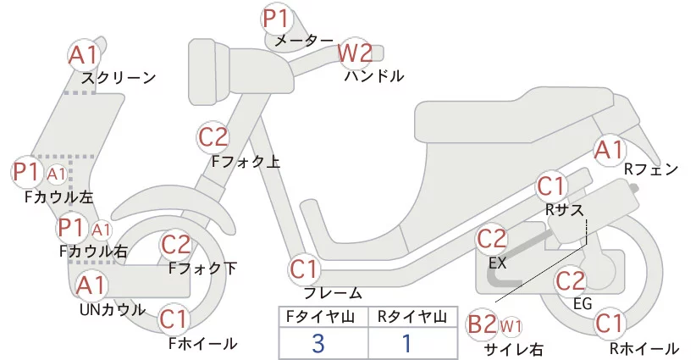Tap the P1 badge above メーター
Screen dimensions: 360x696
click(x=277, y=18)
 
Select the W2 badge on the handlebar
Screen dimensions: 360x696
click(x=355, y=53)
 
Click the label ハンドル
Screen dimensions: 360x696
click(x=373, y=76)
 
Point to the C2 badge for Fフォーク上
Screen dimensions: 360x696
click(x=213, y=136)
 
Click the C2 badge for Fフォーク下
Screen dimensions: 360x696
click(x=176, y=245)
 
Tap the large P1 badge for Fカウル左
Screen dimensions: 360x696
click(x=27, y=172)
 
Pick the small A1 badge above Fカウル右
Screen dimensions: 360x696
click(x=102, y=230)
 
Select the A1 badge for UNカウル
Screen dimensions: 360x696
click(x=91, y=285)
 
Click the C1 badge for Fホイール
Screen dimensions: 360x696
click(x=174, y=319)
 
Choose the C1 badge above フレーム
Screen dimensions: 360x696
click(x=305, y=269)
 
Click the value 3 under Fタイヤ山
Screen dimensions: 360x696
click(x=318, y=343)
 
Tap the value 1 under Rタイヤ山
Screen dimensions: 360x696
click(x=406, y=343)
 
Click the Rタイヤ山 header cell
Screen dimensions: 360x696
click(x=412, y=317)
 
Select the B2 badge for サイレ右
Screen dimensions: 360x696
click(x=483, y=324)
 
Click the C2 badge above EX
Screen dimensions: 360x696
click(x=492, y=239)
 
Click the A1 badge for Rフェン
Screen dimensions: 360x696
click(x=609, y=150)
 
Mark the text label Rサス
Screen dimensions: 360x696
click(x=565, y=208)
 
